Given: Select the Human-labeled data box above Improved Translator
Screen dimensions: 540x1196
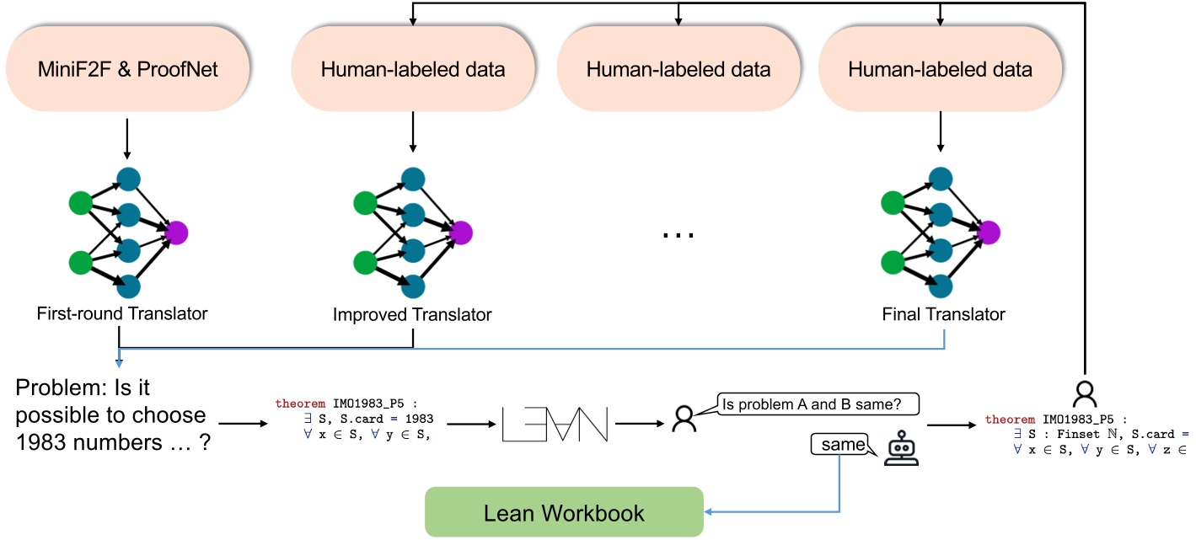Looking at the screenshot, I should (413, 69).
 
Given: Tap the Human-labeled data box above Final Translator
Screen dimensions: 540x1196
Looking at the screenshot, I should (941, 69).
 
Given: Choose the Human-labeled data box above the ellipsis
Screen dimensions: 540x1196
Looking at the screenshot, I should (678, 69).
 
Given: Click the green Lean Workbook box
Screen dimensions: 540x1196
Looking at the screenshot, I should (564, 512).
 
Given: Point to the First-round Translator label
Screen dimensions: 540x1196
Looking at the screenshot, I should (122, 314).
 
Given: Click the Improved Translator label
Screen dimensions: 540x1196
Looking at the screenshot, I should (412, 315).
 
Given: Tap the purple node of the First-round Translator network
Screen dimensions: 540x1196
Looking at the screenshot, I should (177, 232).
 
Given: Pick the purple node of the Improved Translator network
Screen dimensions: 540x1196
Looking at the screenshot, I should (461, 232).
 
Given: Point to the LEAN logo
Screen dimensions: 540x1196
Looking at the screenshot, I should (555, 424).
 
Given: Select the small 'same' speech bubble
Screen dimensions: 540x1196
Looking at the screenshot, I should (839, 443).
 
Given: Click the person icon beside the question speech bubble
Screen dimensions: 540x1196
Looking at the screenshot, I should (683, 419).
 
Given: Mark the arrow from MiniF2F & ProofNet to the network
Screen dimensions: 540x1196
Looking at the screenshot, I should (126, 138).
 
